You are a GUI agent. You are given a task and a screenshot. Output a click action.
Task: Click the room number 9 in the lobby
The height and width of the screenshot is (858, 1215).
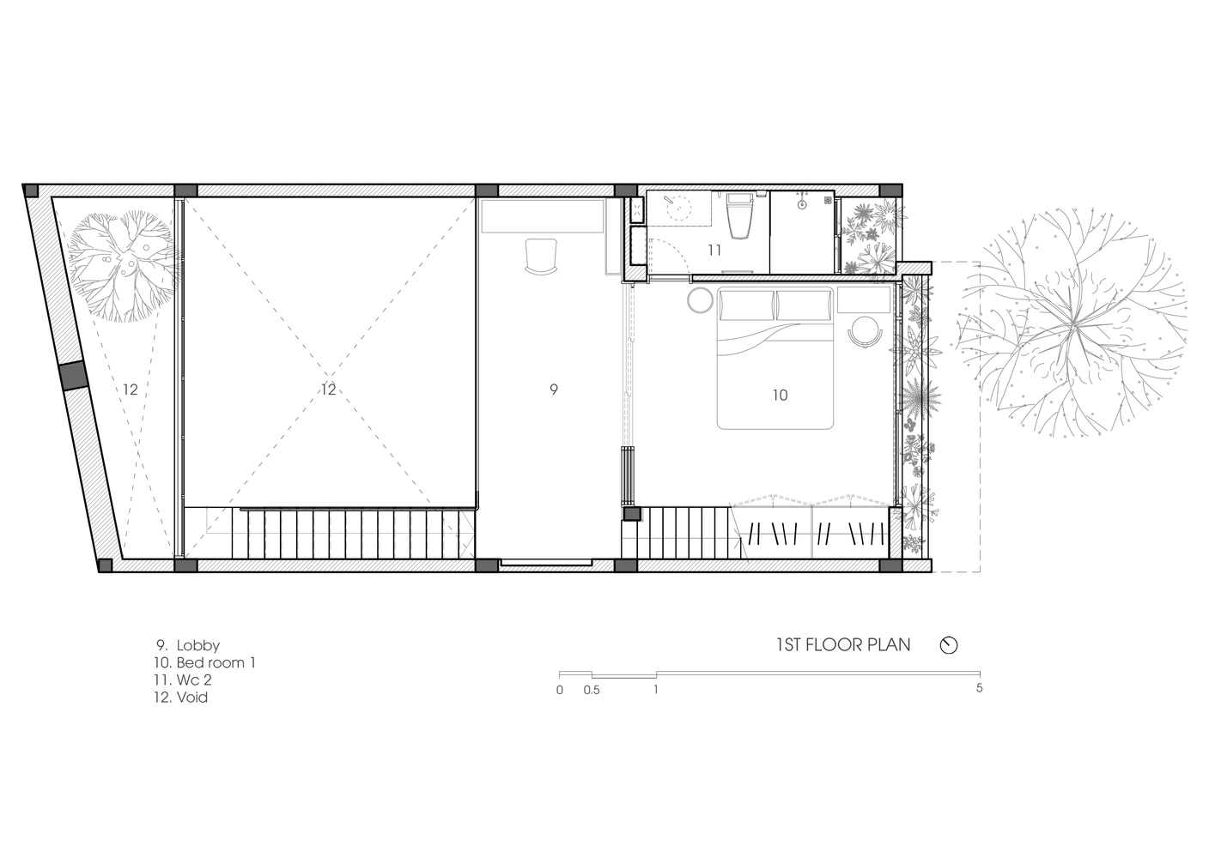(x=553, y=390)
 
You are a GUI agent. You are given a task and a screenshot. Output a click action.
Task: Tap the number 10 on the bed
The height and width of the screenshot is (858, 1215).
(x=780, y=396)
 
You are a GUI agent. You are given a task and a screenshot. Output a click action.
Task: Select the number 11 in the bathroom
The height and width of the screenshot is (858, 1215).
(x=714, y=250)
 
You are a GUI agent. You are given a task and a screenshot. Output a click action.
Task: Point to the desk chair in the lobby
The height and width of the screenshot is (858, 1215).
(x=541, y=256)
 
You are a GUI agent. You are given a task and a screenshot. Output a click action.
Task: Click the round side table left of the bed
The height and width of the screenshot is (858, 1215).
(x=700, y=299)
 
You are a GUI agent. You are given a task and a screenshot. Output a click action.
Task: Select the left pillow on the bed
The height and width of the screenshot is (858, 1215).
(x=747, y=305)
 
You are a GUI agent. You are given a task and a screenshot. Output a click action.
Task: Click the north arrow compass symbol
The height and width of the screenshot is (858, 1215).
(x=949, y=645)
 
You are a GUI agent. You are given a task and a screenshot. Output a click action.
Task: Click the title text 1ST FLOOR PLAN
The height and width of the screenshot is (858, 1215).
(x=843, y=645)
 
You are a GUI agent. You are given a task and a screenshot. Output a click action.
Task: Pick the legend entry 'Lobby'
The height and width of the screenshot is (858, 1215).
(x=198, y=645)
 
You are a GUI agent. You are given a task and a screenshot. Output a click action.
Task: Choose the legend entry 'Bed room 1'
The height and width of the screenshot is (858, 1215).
(x=216, y=663)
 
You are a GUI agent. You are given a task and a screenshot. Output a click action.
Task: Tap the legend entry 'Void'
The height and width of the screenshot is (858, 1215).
(x=192, y=697)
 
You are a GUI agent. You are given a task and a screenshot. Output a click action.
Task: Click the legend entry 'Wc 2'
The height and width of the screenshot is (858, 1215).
(x=194, y=680)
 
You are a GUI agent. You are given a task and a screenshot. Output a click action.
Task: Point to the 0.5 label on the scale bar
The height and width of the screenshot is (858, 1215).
(x=592, y=691)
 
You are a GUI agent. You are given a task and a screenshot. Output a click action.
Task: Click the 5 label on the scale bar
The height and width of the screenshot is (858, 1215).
(x=979, y=688)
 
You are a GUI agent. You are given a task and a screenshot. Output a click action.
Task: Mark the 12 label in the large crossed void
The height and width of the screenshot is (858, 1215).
(x=328, y=390)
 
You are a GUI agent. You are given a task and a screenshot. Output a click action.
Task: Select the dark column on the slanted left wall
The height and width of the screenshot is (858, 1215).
(x=73, y=375)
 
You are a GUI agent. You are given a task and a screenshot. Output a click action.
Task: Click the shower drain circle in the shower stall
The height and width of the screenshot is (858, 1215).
(x=802, y=205)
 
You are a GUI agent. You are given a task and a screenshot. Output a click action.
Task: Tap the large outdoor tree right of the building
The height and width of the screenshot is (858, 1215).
(x=1072, y=323)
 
